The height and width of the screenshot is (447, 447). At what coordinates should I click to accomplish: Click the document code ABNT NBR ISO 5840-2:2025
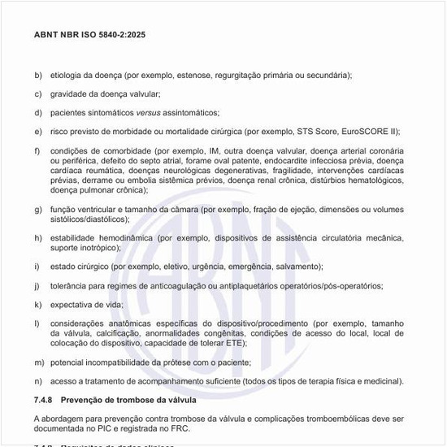(89, 36)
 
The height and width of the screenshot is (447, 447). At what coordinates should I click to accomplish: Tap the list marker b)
(37, 76)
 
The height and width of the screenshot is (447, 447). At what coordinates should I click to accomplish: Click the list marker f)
(37, 151)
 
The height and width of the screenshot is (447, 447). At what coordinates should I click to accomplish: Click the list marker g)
(37, 210)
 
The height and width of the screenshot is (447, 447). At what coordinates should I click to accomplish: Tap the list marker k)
(37, 305)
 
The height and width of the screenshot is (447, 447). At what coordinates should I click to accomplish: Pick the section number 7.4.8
(45, 399)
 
